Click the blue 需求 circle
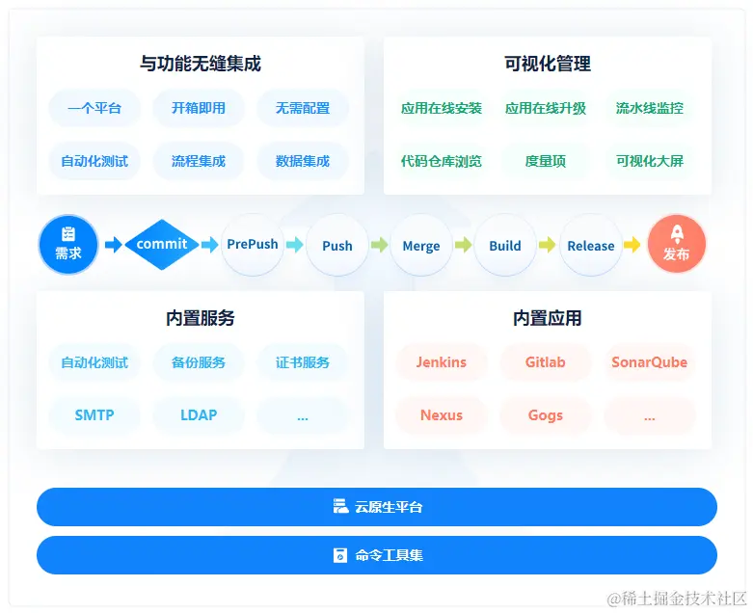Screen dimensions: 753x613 pos(68,244)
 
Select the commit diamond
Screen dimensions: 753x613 pos(162,244)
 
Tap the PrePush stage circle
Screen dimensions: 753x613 pos(253,244)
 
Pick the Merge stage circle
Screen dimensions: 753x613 pos(421,245)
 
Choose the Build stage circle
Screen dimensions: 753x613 pos(505,245)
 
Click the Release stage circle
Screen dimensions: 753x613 pos(590,245)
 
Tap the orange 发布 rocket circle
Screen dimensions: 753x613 pos(677,244)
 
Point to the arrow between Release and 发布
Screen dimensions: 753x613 pos(632,245)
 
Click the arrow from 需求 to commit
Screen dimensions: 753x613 pos(113,245)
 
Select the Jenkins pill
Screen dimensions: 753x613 pos(442,362)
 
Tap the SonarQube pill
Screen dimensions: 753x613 pos(650,362)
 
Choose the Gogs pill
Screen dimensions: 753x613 pos(546,415)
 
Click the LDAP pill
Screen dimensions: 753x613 pos(199,415)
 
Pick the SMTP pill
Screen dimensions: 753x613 pos(94,415)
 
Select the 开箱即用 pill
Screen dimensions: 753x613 pos(199,108)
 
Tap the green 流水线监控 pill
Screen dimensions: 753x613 pos(650,108)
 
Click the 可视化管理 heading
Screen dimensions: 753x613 pos(548,64)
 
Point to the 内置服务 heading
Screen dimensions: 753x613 pos(201,318)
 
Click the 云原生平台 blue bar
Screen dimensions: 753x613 pos(377,507)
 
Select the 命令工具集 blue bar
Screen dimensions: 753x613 pos(377,555)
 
